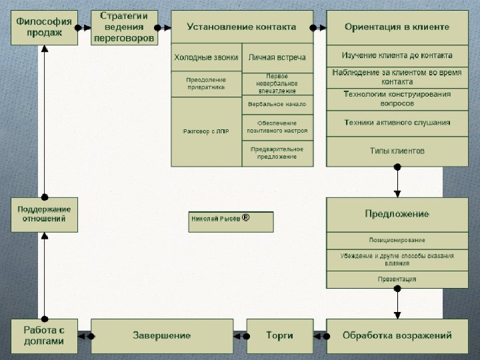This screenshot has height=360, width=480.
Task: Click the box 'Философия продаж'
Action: (x=44, y=27)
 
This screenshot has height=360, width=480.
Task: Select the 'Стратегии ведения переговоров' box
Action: (x=125, y=27)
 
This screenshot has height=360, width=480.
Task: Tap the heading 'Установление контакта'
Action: (x=241, y=27)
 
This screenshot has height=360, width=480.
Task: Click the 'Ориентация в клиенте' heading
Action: (x=397, y=27)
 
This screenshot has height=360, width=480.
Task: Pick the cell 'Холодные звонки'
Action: (x=205, y=58)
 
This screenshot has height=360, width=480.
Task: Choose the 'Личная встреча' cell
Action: (x=277, y=58)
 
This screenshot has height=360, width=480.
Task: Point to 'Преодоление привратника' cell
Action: (x=205, y=83)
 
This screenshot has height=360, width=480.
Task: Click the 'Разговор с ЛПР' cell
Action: (x=205, y=131)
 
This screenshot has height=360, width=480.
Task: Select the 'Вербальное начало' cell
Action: (x=277, y=105)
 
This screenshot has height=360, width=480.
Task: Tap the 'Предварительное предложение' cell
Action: (x=277, y=153)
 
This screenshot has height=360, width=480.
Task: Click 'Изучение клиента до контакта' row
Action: (x=397, y=55)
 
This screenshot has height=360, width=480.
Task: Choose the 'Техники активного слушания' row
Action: (x=397, y=123)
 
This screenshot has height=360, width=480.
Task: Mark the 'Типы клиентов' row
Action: (x=397, y=151)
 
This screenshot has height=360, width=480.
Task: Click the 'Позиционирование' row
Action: (x=397, y=240)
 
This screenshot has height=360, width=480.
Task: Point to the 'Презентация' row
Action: (x=397, y=279)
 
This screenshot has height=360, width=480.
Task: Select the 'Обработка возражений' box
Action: (x=397, y=335)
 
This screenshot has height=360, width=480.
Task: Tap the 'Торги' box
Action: (x=279, y=335)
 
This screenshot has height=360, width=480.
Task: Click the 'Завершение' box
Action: (x=161, y=335)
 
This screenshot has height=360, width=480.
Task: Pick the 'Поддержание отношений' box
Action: (x=44, y=214)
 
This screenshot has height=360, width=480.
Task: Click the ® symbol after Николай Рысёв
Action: (x=245, y=217)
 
